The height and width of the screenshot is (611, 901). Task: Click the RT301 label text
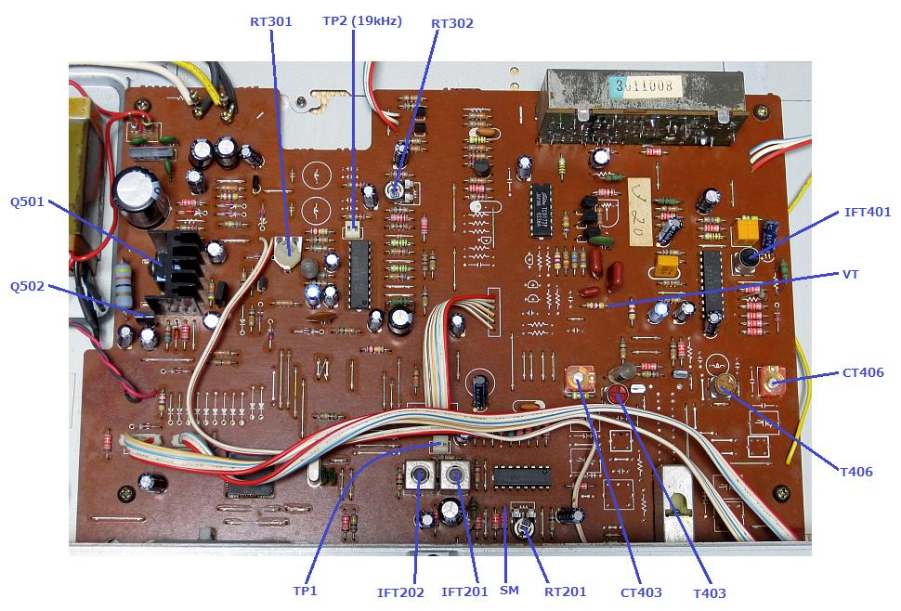[x=270, y=20]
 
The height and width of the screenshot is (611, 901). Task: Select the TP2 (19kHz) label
[x=362, y=20]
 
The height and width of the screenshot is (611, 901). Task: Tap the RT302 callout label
[x=452, y=23]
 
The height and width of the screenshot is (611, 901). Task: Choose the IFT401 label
[x=867, y=213]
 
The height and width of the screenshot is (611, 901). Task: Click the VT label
[x=850, y=275]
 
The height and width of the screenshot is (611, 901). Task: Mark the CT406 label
[x=863, y=372]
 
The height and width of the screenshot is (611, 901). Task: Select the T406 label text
[x=855, y=472]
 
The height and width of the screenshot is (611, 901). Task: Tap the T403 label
[x=709, y=593]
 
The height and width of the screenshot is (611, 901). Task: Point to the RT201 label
[x=565, y=591]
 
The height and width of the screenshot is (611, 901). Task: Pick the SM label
[x=509, y=591]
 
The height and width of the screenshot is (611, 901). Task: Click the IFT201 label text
[x=464, y=591]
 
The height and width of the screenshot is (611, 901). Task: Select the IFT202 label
[x=400, y=591]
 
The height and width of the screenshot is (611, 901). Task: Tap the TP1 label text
[x=305, y=591]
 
